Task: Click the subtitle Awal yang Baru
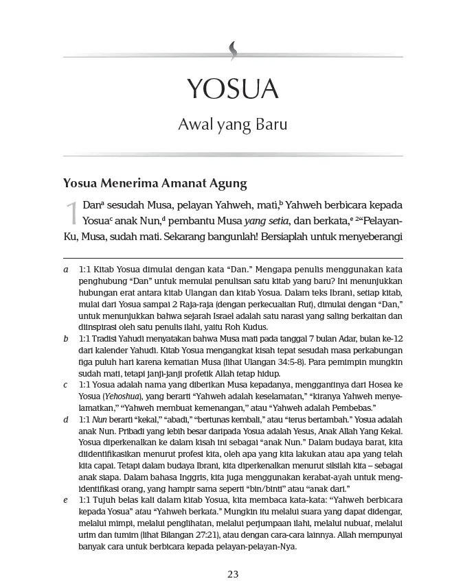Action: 232,126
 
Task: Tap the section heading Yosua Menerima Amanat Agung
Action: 155,183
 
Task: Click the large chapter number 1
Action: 71,214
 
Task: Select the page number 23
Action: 232,573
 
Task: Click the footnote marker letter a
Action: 65,270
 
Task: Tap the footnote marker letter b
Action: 65,338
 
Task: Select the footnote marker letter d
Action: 65,418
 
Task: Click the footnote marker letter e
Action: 65,500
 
